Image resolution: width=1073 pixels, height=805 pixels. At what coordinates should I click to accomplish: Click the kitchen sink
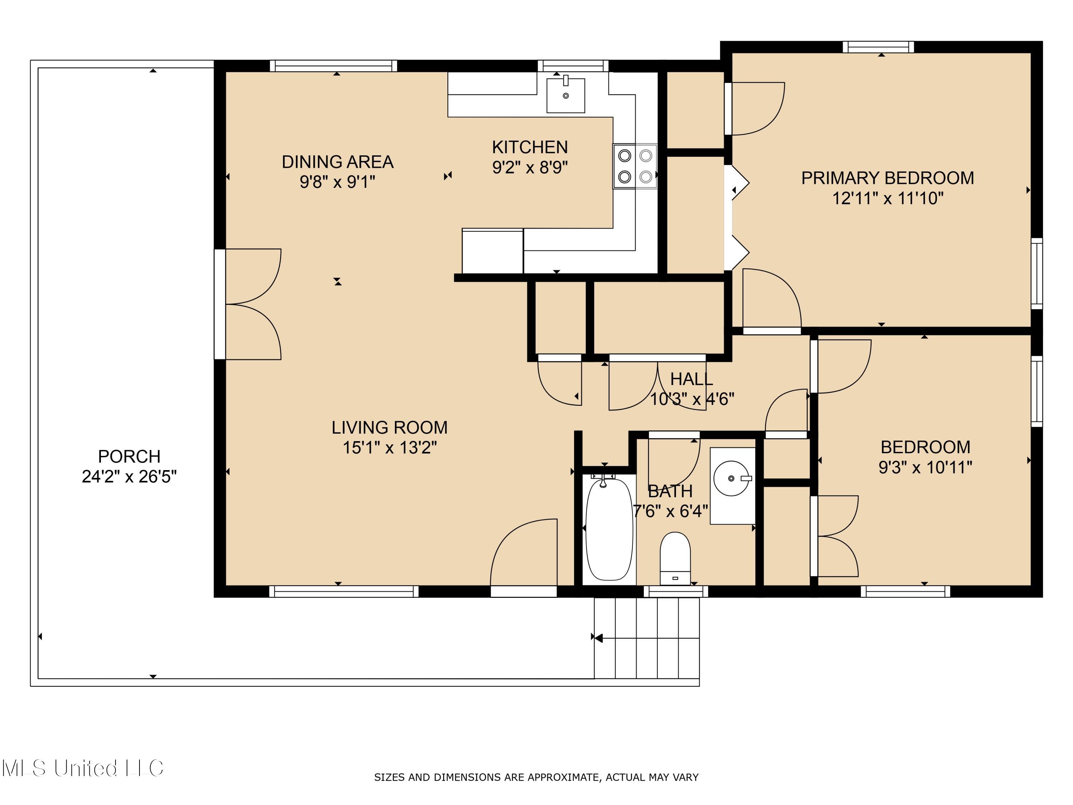[565, 96]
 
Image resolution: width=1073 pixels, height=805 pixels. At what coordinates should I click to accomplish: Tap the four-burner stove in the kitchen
[635, 166]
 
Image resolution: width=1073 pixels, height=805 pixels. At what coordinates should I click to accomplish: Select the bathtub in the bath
[609, 529]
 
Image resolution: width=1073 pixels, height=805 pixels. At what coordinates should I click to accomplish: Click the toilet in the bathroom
[675, 558]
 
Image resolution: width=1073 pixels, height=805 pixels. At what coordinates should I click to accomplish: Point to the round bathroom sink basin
[731, 478]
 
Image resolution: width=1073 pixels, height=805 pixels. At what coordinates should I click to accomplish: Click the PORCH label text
[129, 457]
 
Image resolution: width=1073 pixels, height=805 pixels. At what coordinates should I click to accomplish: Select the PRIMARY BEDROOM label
[887, 178]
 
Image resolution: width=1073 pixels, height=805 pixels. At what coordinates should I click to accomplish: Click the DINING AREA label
[338, 162]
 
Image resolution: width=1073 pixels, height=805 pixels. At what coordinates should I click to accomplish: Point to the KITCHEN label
[530, 147]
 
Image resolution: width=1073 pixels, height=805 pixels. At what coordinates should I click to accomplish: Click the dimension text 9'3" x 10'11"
[925, 468]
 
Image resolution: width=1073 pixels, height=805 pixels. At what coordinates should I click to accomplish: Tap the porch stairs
[647, 638]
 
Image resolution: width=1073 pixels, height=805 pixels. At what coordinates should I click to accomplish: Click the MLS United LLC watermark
[83, 768]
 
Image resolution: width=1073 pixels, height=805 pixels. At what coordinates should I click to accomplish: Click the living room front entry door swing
[524, 553]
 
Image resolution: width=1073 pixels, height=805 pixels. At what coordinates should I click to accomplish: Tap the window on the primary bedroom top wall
[878, 47]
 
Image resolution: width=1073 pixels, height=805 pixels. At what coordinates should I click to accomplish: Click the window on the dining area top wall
[333, 66]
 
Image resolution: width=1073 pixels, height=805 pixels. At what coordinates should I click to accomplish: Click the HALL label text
[691, 379]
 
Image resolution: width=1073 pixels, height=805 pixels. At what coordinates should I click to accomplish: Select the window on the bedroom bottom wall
[905, 591]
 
